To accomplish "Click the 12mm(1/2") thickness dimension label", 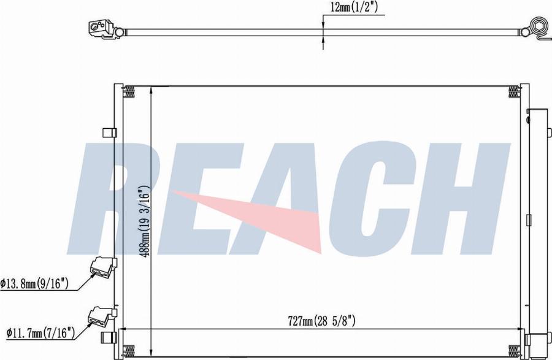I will click(355, 7).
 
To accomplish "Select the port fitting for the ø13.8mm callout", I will click(102, 266).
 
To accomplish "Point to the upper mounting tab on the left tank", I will click(109, 132).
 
